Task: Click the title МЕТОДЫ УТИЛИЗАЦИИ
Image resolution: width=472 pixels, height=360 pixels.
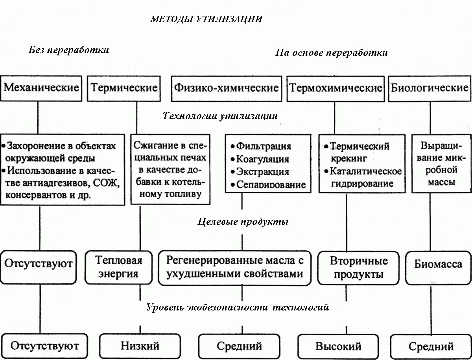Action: (x=206, y=19)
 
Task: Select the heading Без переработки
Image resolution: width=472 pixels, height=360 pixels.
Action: (x=68, y=50)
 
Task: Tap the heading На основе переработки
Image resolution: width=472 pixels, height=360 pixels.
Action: (x=331, y=53)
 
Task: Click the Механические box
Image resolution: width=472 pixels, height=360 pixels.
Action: (x=41, y=87)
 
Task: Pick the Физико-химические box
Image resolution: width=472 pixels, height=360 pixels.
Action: (x=226, y=88)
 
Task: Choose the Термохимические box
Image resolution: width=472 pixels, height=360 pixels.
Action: (x=336, y=88)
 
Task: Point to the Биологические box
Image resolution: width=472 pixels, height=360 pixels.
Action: (x=430, y=88)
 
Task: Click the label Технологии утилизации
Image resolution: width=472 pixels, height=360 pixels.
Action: (x=220, y=116)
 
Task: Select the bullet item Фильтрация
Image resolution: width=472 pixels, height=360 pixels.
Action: (x=264, y=147)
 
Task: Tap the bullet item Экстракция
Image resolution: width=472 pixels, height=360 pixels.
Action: (x=262, y=172)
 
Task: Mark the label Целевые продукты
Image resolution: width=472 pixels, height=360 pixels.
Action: (x=243, y=222)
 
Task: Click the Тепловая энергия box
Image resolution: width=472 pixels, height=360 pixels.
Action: (x=118, y=267)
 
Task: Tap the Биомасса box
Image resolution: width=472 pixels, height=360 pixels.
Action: (x=438, y=264)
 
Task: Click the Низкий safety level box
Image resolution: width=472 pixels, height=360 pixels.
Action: (x=140, y=346)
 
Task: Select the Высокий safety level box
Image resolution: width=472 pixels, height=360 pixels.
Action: (x=338, y=346)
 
